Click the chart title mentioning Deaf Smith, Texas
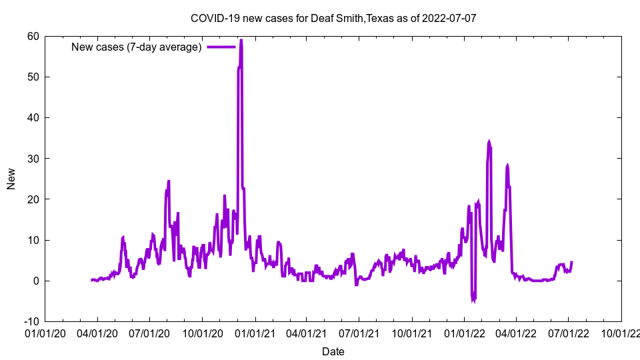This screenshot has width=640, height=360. (x=333, y=18)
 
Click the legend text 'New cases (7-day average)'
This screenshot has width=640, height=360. (x=137, y=47)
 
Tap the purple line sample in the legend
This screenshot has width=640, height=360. (x=221, y=47)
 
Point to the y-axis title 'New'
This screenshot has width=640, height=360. (x=11, y=179)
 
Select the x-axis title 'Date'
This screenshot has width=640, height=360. (x=333, y=351)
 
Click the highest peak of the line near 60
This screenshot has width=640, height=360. (x=241, y=41)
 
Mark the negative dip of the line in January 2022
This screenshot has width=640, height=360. (x=473, y=301)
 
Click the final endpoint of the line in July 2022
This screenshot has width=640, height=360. (x=571, y=262)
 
